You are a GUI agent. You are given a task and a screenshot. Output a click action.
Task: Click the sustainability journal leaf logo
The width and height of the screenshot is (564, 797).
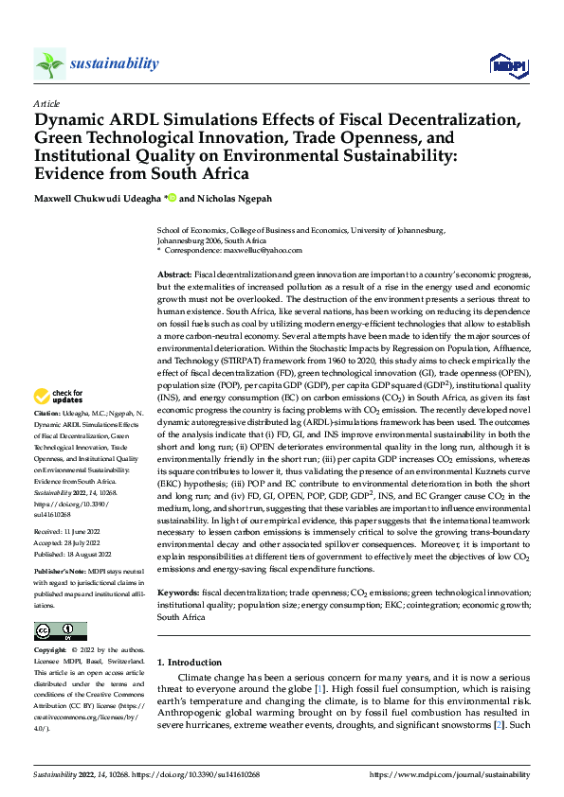49,64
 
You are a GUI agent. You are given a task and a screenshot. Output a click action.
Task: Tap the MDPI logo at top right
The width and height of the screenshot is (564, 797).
506,63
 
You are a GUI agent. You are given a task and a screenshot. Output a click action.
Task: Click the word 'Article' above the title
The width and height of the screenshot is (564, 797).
46,103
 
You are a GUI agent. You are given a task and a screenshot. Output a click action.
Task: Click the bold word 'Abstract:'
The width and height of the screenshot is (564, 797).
174,273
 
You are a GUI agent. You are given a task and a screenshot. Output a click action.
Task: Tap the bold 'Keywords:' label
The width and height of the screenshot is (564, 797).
177,592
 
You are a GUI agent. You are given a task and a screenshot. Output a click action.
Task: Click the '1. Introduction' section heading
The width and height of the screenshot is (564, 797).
190,663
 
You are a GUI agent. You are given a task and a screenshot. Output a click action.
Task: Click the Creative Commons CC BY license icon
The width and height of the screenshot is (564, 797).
60,630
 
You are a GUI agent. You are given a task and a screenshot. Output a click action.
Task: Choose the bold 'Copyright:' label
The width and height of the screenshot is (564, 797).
50,651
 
